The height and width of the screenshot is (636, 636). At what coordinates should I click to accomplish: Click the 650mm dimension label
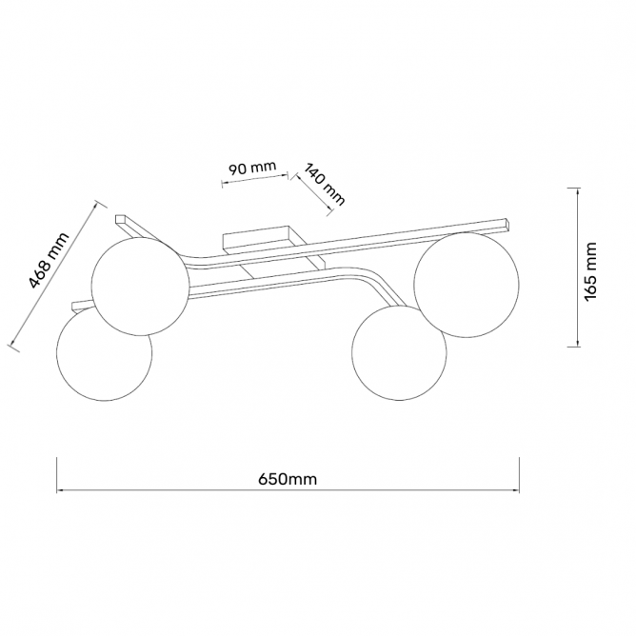pos(288,479)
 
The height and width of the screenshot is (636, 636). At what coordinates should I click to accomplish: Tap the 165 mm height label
pos(591,271)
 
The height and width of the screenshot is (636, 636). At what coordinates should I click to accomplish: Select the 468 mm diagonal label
pos(50,261)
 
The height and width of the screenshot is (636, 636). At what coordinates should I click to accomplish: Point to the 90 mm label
pos(252,168)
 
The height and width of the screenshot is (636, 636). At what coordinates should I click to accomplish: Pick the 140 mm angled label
pos(325,185)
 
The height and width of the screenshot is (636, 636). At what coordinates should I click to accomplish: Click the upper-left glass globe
pos(140,287)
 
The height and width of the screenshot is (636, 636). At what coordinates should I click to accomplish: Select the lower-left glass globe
pos(105,353)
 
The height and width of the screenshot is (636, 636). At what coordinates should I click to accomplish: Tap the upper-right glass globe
pos(466,285)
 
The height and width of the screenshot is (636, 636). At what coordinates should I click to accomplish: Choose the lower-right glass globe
pos(399,353)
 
